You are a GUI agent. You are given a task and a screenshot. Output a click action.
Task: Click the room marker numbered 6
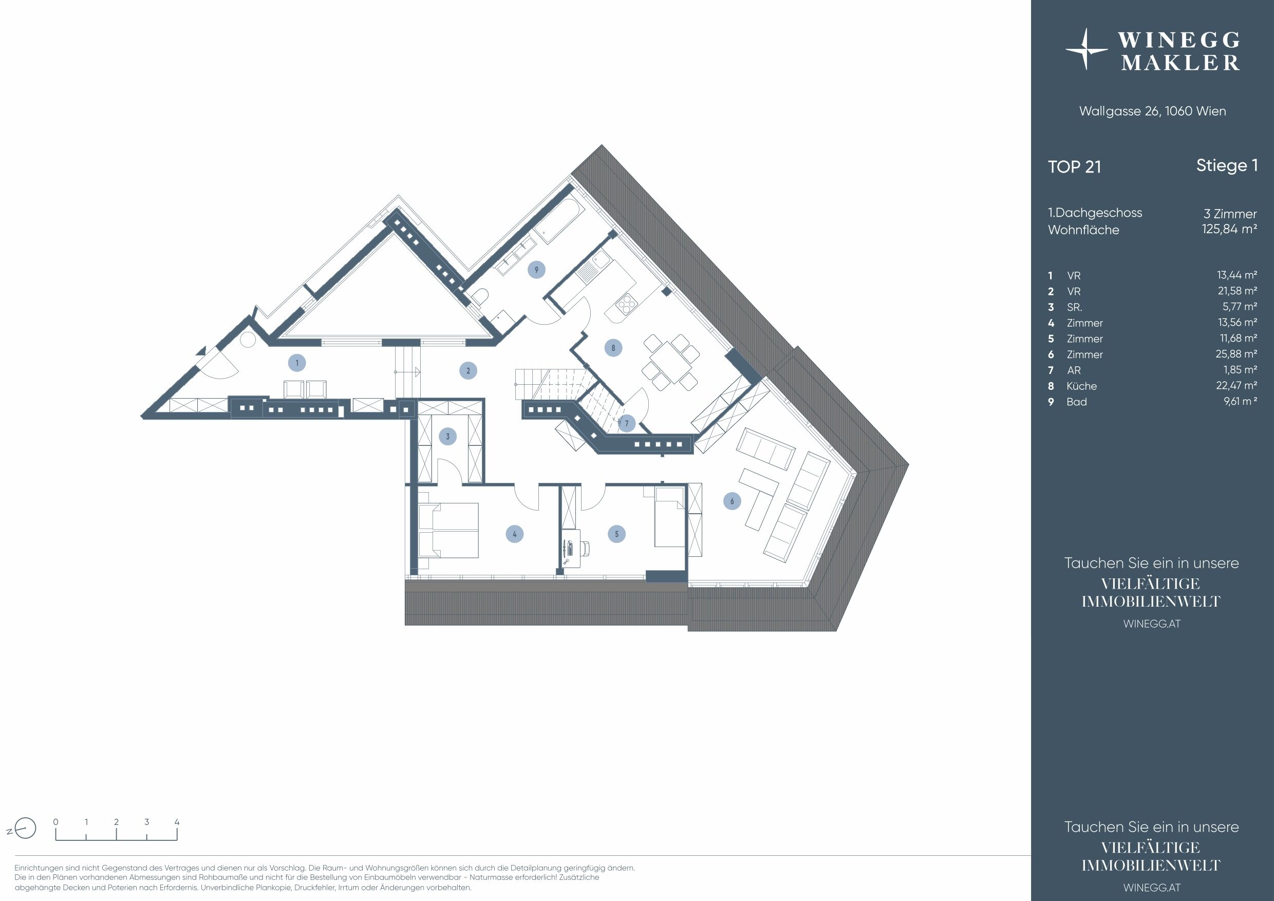(x=732, y=501)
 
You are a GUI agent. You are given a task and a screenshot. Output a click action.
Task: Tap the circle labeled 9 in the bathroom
(x=536, y=270)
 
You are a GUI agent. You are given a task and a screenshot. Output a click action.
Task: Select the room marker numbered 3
(x=448, y=437)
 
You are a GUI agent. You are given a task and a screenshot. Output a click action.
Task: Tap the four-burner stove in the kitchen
(x=626, y=304)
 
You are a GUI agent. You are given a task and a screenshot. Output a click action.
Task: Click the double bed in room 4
(x=448, y=530)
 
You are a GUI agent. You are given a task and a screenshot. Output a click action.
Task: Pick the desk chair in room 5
(x=584, y=548)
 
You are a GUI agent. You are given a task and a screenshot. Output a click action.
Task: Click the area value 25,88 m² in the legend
(x=1236, y=354)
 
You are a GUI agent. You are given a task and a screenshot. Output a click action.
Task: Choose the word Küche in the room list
(x=1081, y=386)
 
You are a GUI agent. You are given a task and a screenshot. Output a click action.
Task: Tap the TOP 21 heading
(x=1074, y=167)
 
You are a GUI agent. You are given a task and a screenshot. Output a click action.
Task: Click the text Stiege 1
(x=1226, y=166)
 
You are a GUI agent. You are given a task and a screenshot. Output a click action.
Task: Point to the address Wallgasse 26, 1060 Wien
(x=1152, y=111)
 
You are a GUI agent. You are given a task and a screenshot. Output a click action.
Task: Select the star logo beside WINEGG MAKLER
(x=1086, y=50)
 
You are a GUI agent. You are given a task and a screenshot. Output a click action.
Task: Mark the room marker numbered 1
(x=297, y=363)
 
